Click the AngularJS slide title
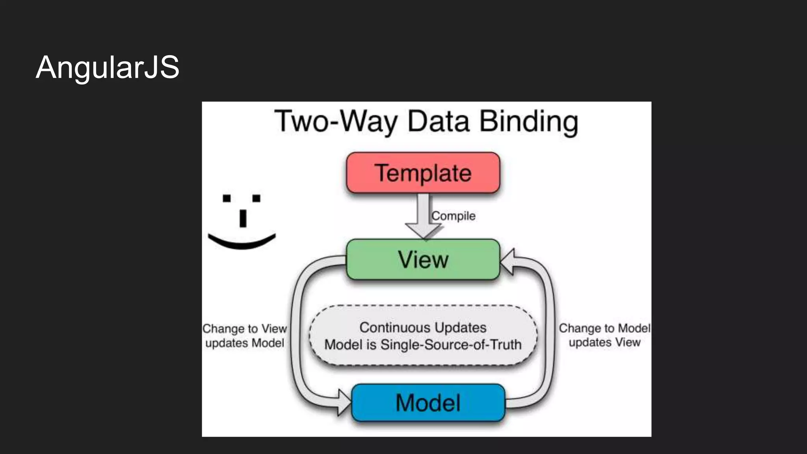[107, 67]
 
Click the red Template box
[423, 173]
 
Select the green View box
[423, 260]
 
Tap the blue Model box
[428, 403]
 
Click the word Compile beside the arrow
[453, 216]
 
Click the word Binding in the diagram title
[529, 121]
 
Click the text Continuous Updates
[423, 327]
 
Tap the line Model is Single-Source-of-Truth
[423, 345]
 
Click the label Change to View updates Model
[245, 336]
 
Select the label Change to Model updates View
[604, 335]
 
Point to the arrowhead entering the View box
[507, 261]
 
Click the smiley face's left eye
[227, 198]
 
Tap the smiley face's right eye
[256, 198]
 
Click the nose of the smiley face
[243, 219]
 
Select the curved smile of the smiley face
[242, 243]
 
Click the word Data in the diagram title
[438, 121]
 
